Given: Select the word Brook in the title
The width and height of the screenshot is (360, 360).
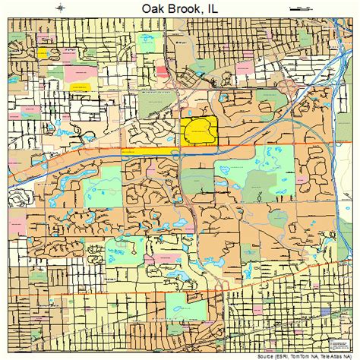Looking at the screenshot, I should pyautogui.click(x=180, y=9).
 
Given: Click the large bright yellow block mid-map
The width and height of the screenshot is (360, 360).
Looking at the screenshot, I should pyautogui.click(x=199, y=130).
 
